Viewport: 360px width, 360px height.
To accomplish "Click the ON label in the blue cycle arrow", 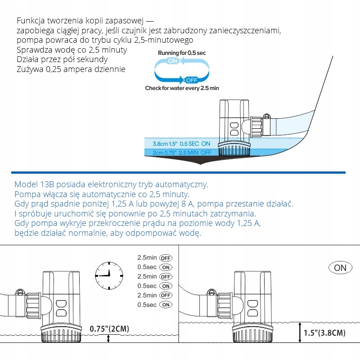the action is pos(173,61).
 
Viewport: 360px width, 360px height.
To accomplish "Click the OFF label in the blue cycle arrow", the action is pos(192,80).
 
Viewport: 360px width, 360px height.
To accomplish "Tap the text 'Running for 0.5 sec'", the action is pos(182,53).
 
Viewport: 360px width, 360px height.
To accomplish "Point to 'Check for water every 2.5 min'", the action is pos(182,88).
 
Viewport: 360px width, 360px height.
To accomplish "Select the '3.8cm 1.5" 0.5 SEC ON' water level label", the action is pos(181,144).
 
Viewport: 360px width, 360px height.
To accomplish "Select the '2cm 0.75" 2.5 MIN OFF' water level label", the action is pos(182,153).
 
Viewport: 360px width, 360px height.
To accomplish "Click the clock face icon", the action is pos(109,275).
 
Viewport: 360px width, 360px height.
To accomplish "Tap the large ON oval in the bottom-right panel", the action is pos(340,268).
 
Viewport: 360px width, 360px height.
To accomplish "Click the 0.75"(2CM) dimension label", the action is pos(109,329).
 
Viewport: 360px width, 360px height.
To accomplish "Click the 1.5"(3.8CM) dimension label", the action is pos(324,333).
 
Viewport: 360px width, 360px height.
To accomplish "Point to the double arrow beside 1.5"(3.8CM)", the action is pos(300,333).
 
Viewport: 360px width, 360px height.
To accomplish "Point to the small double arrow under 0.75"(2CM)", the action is pos(108,339).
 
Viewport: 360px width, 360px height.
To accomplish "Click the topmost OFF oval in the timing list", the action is pos(166,258).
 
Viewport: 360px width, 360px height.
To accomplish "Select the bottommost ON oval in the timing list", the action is pos(166,305).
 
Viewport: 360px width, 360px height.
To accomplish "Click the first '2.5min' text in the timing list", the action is pos(147,257).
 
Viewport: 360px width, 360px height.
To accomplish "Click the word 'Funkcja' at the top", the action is pos(31,21).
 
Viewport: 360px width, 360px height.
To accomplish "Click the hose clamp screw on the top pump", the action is pos(266,116).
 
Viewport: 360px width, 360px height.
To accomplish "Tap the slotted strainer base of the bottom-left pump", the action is pos(61,333).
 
